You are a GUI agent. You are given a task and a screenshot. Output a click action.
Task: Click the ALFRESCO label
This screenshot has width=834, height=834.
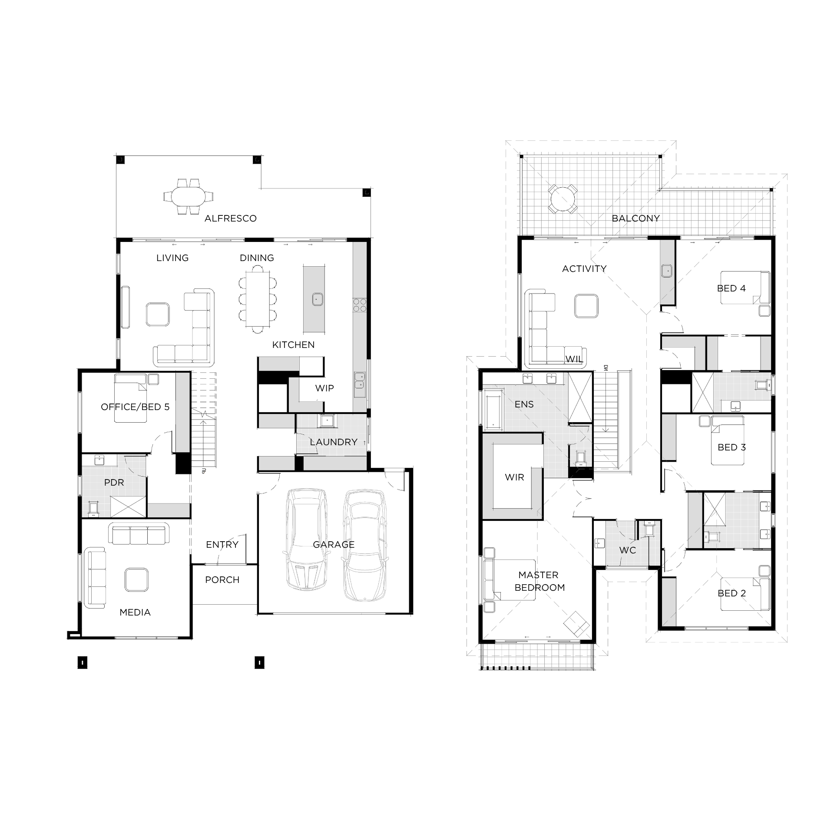[x=230, y=218]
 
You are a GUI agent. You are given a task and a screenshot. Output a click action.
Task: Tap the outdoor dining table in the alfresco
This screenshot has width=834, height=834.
[x=189, y=197]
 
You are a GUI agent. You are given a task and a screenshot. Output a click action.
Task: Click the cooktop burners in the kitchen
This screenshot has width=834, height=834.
[x=359, y=305]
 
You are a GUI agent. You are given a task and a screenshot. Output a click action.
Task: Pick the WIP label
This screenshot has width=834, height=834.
[x=324, y=388]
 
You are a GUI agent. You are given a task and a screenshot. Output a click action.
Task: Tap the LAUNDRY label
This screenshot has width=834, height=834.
[x=334, y=442]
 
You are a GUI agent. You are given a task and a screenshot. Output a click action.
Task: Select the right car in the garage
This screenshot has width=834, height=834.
[x=364, y=545]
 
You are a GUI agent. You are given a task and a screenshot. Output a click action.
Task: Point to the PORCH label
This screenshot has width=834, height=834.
[x=222, y=580]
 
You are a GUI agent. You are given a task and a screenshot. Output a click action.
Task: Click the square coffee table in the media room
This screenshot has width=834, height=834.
[x=136, y=579]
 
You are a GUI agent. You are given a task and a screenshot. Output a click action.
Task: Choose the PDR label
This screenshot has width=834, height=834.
[x=114, y=483]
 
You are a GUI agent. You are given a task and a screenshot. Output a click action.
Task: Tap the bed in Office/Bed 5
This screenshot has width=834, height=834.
[x=130, y=398]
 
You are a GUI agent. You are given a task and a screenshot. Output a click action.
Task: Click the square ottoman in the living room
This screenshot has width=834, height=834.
[x=158, y=314]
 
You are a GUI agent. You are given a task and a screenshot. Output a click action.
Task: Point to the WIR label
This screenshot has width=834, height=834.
[x=514, y=477]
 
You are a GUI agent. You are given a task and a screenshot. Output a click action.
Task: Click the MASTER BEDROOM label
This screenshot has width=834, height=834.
[x=539, y=581]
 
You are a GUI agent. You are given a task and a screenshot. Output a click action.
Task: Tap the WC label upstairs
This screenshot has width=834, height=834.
[x=627, y=550]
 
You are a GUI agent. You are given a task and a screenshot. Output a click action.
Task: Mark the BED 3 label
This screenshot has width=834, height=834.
[x=731, y=447]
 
